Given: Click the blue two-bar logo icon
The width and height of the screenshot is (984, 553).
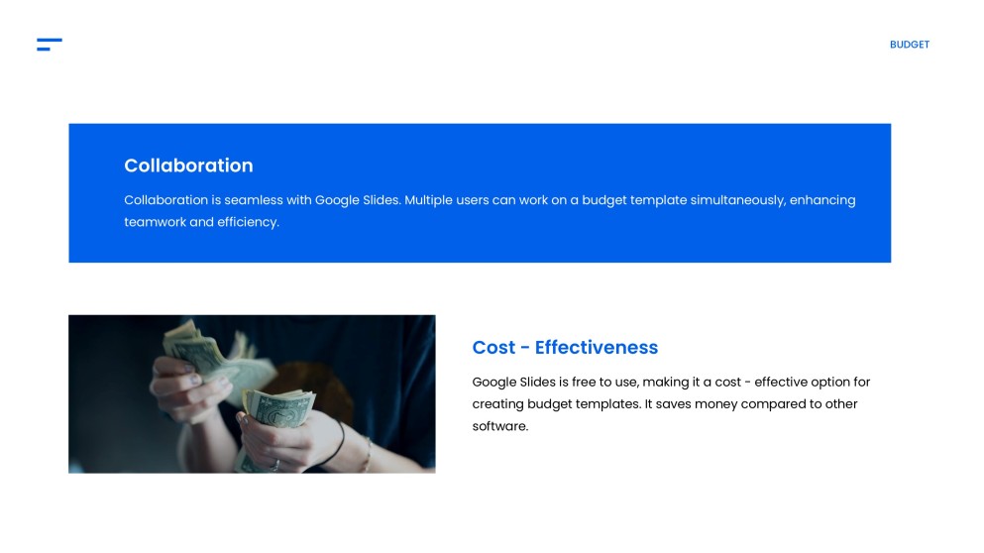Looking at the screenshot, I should tap(50, 44).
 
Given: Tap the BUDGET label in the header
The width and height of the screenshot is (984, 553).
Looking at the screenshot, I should tap(909, 45).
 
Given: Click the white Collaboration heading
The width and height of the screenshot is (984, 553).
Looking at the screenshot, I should tap(188, 166).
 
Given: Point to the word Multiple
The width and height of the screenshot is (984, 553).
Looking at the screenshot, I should tap(429, 200).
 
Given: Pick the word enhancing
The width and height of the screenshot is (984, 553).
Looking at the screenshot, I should tap(822, 200).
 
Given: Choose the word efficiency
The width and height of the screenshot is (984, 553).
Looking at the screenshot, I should tap(249, 222).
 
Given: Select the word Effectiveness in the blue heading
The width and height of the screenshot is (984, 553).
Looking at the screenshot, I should tap(596, 348).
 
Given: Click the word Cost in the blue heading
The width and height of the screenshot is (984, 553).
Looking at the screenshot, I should tap(493, 348).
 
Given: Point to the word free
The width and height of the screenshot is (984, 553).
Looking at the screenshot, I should tap(587, 382).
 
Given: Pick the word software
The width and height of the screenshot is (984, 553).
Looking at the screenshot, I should tap(499, 426).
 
